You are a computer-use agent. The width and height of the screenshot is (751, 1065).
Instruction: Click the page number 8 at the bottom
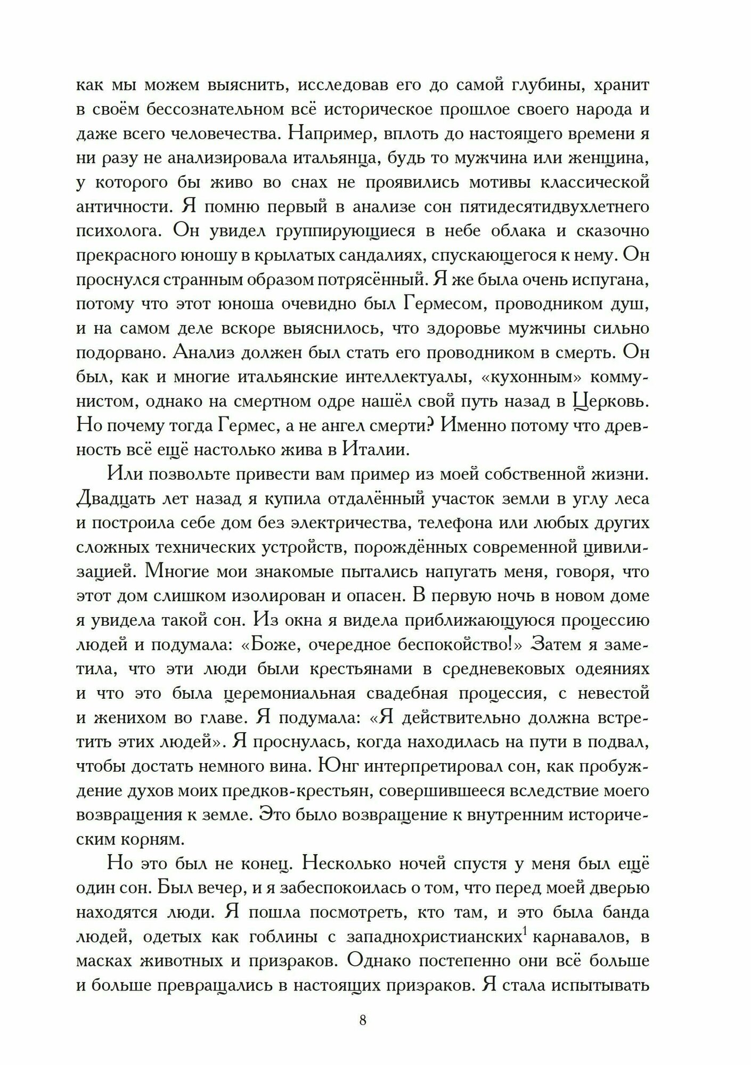(x=363, y=1020)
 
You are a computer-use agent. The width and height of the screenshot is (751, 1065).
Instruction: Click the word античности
(x=124, y=206)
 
